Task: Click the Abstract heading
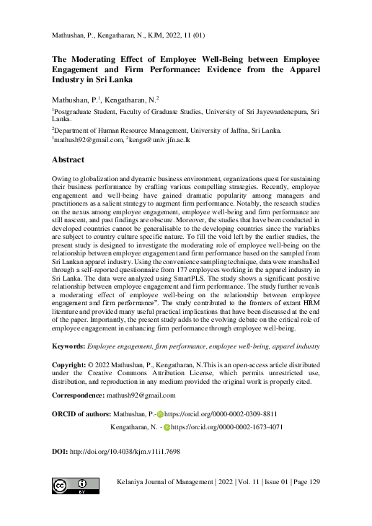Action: [x=68, y=159]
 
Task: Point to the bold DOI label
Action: [x=60, y=451]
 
